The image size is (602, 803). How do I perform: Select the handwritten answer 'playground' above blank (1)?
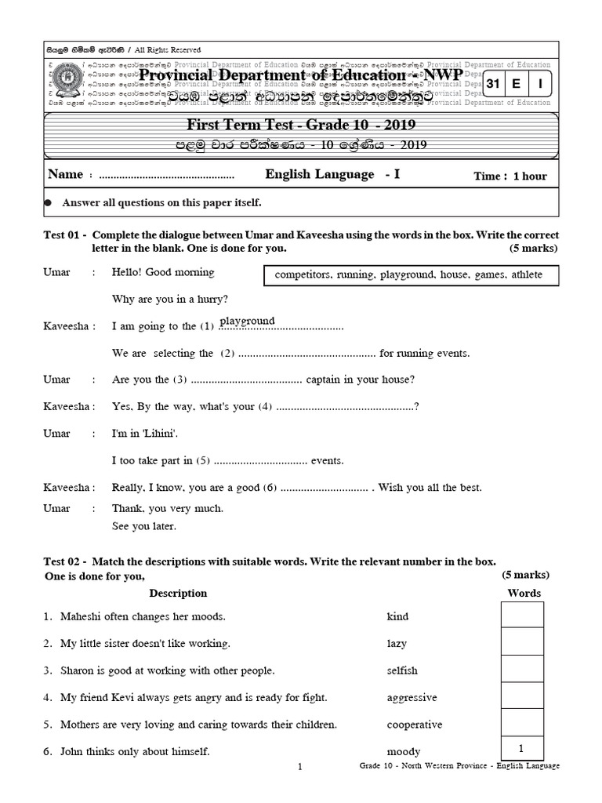(x=247, y=321)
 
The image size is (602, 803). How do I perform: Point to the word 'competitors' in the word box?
(x=303, y=275)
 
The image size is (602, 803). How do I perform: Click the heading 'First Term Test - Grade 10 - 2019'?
(x=301, y=125)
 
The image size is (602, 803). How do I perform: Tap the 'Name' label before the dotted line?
(x=65, y=175)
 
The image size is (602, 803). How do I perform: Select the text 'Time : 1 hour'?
(x=510, y=176)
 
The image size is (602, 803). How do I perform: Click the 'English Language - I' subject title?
(x=332, y=174)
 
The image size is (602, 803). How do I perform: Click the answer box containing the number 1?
(x=522, y=748)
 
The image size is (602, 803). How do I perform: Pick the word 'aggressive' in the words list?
(x=412, y=697)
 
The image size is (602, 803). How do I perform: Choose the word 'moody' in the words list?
(x=404, y=751)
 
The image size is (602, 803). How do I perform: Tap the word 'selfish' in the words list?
(x=402, y=670)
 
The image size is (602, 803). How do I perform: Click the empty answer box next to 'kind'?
(x=522, y=616)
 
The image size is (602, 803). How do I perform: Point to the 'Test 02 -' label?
(x=64, y=561)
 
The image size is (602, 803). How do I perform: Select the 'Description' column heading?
(x=178, y=593)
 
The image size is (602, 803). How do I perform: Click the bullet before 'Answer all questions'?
(x=48, y=202)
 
